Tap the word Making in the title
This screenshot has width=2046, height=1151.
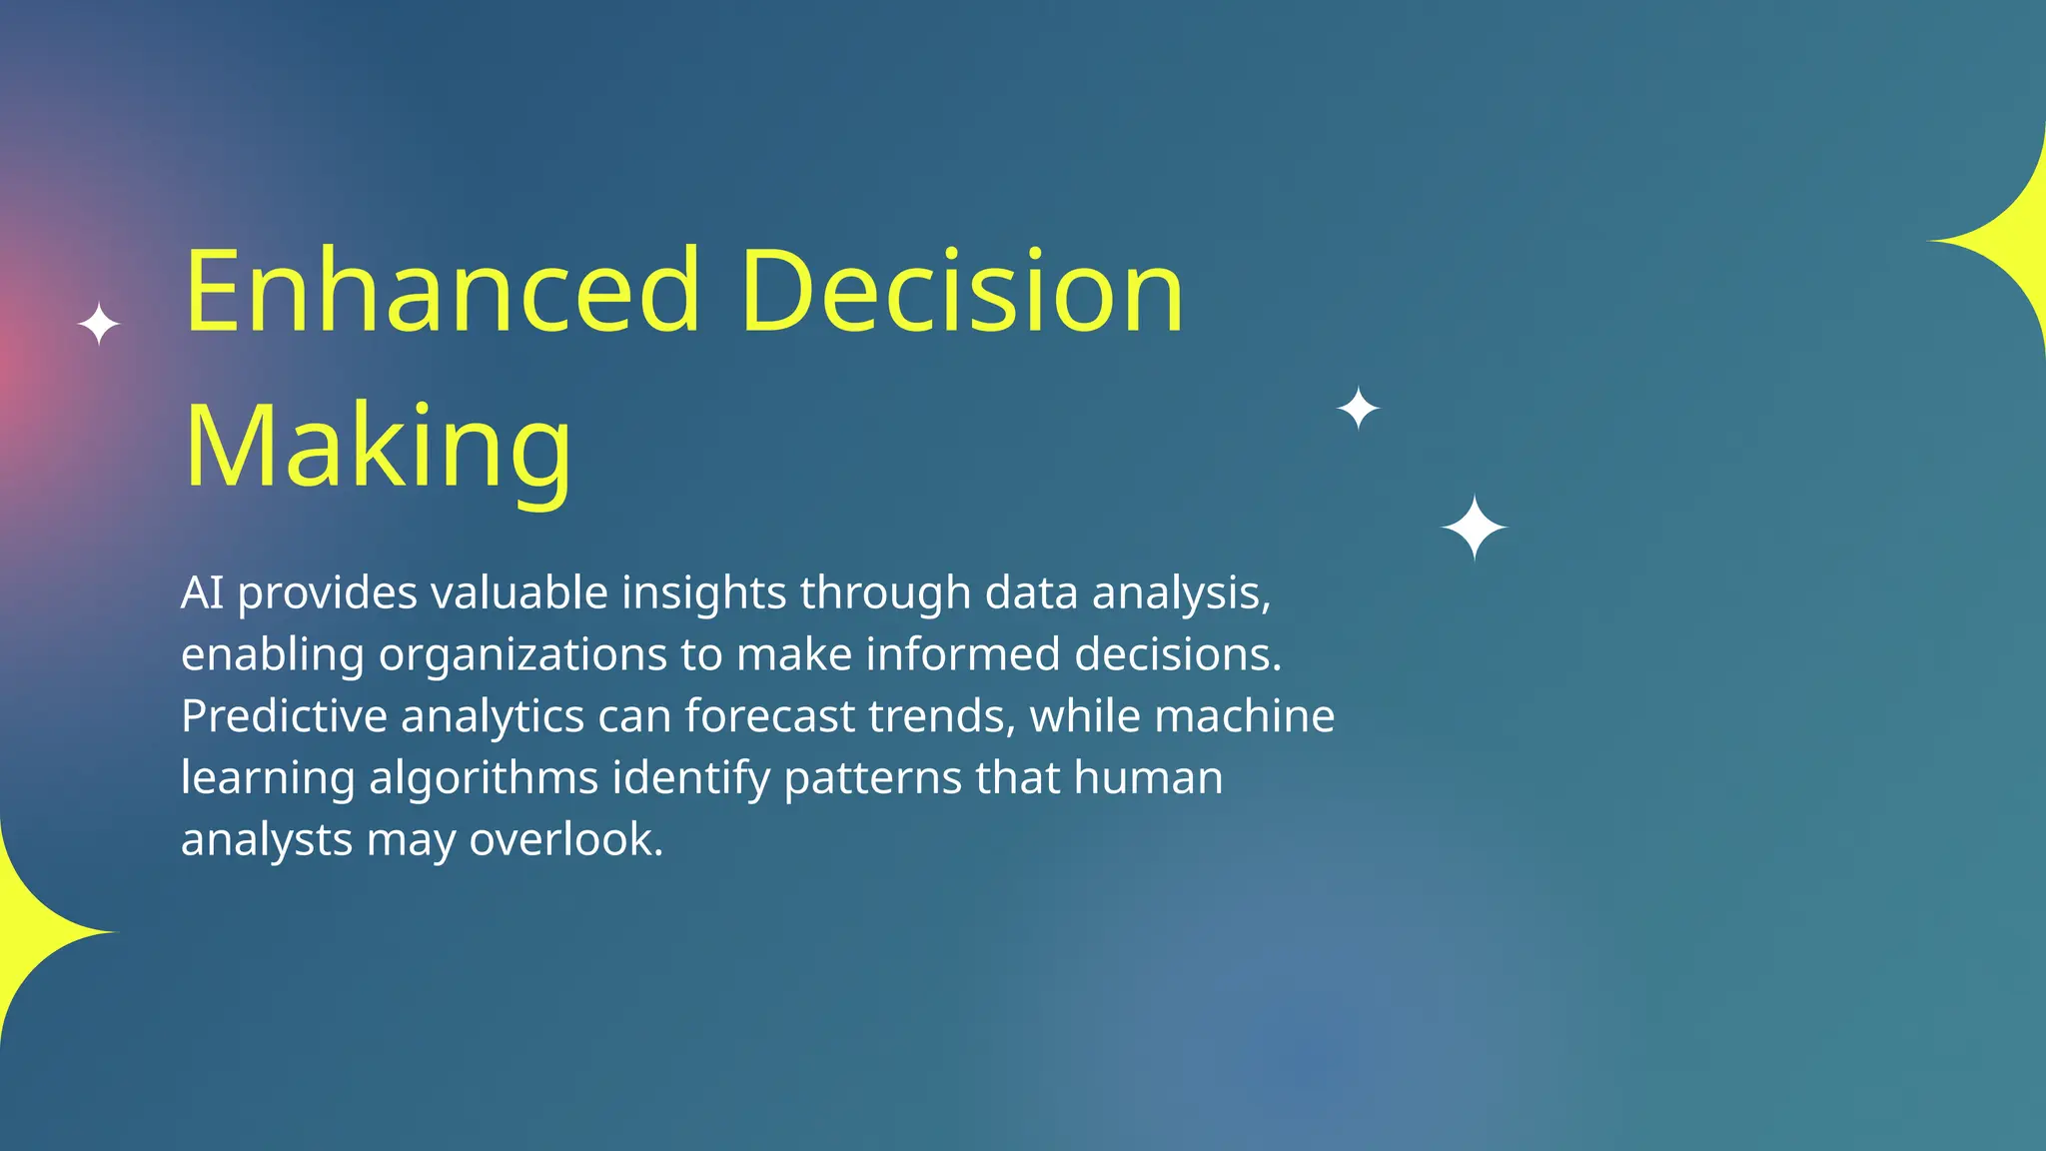379,447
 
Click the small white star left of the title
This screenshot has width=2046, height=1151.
99,325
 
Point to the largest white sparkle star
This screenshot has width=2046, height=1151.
1474,527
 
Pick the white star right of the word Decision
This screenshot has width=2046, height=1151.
1358,409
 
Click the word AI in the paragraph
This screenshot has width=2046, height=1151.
202,593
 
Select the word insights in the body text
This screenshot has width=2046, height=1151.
704,593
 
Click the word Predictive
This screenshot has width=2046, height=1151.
284,716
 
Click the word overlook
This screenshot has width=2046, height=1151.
565,839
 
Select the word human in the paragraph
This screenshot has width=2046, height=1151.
1148,778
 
